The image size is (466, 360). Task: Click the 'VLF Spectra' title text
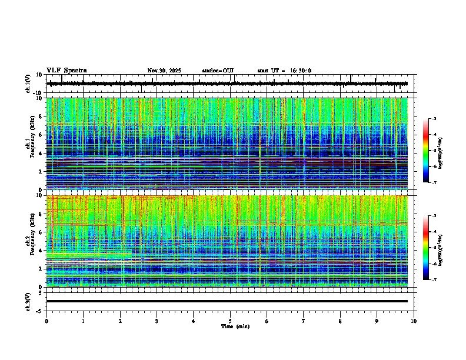click(66, 71)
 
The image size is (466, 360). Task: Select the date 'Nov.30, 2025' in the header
click(164, 71)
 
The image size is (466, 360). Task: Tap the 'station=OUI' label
click(218, 71)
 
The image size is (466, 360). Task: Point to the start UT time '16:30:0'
click(301, 71)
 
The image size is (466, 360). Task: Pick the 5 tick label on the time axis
click(230, 321)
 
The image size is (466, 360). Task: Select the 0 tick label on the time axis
click(46, 321)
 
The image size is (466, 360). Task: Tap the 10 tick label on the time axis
click(414, 321)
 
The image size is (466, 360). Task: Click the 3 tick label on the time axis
click(157, 321)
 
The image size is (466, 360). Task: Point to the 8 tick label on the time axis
click(340, 321)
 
